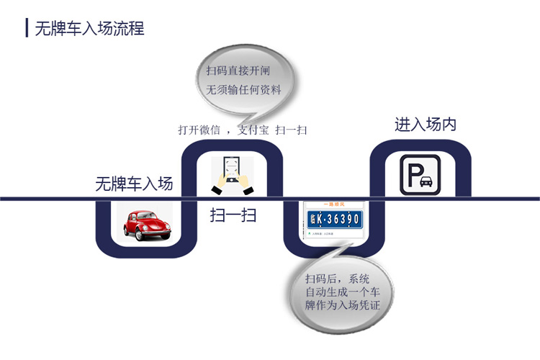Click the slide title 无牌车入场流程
(x=90, y=29)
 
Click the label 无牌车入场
(x=134, y=184)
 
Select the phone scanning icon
(x=233, y=175)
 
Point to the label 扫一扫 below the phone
(x=233, y=215)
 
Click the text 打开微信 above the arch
(x=198, y=130)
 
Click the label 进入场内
(x=425, y=125)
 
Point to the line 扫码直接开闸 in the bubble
(x=238, y=71)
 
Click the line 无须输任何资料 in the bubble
(x=243, y=90)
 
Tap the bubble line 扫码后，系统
(x=337, y=279)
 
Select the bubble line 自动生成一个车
(x=342, y=292)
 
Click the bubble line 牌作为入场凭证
(x=342, y=307)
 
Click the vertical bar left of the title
(x=26, y=29)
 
